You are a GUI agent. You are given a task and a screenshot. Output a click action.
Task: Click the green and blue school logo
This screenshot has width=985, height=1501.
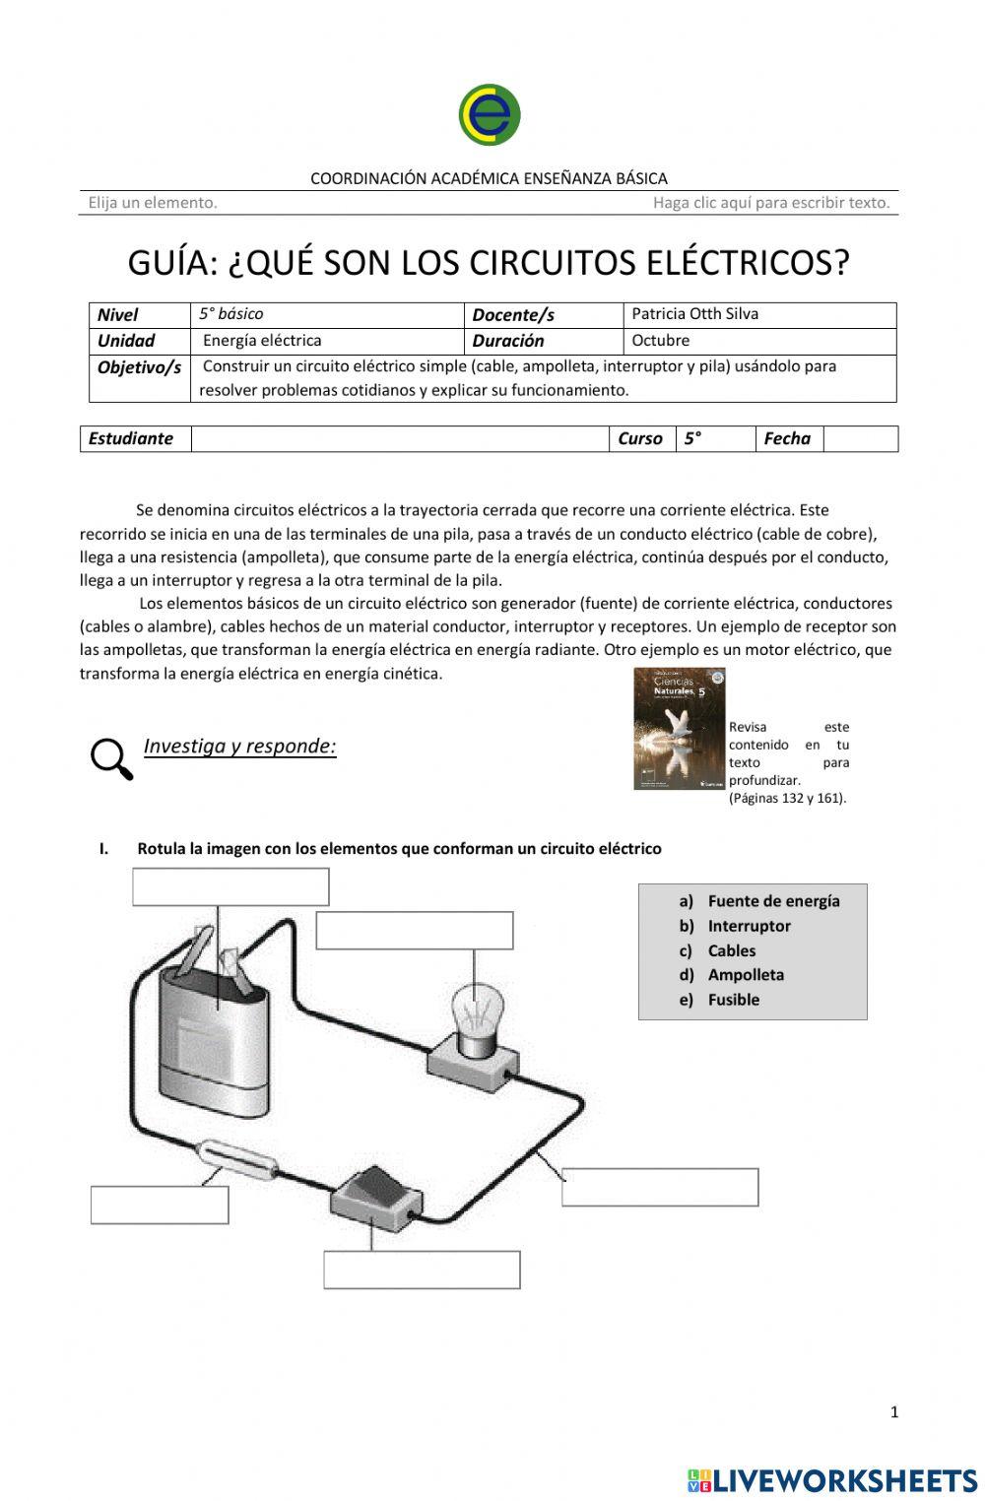click(x=490, y=115)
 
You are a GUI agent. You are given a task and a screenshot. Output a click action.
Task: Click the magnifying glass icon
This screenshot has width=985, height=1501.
click(x=111, y=759)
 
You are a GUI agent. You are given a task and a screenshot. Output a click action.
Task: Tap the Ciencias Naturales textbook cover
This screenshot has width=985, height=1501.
click(x=679, y=728)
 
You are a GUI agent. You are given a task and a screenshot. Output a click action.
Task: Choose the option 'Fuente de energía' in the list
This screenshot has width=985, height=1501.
click(x=773, y=900)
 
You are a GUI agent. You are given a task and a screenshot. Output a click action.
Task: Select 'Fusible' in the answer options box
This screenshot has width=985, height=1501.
click(x=733, y=999)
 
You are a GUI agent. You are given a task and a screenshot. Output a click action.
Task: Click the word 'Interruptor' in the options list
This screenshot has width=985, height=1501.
click(x=749, y=926)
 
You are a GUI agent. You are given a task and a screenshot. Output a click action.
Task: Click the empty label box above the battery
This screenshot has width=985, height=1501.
click(x=230, y=886)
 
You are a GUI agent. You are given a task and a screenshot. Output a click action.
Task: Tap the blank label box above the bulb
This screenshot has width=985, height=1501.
click(x=415, y=930)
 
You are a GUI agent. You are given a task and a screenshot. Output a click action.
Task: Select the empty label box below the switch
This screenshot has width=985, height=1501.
click(x=422, y=1270)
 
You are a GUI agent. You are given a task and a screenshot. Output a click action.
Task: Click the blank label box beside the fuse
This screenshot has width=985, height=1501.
click(x=160, y=1205)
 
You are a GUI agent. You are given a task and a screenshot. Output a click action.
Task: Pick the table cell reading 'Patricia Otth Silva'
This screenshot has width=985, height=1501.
click(x=694, y=314)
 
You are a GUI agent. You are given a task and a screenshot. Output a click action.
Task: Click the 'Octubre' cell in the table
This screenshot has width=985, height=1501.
click(x=660, y=341)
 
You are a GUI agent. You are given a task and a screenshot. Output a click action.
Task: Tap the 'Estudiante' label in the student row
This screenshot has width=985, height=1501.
click(x=131, y=438)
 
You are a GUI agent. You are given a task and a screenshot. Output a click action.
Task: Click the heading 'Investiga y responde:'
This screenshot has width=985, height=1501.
click(x=239, y=746)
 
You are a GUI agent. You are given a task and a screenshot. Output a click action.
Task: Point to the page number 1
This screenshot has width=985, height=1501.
click(x=894, y=1411)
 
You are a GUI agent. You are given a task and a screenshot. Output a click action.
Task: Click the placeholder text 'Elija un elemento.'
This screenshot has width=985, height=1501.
click(x=153, y=203)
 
